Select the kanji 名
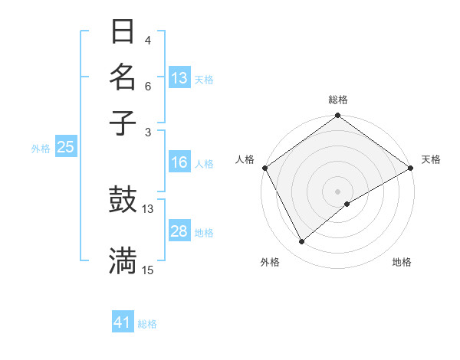123,77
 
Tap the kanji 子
123,122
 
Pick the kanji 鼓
123,201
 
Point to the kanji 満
123,260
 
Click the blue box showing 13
179,77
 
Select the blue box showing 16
179,162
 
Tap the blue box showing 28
179,231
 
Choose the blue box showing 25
65,147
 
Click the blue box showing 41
123,322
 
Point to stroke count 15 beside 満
148,270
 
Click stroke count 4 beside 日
148,40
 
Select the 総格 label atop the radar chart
337,100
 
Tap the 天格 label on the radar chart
431,159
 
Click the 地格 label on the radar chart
402,262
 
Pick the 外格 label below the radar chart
270,262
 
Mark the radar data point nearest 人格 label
264,168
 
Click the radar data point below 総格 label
337,116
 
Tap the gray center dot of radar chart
337,191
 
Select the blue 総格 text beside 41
147,324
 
